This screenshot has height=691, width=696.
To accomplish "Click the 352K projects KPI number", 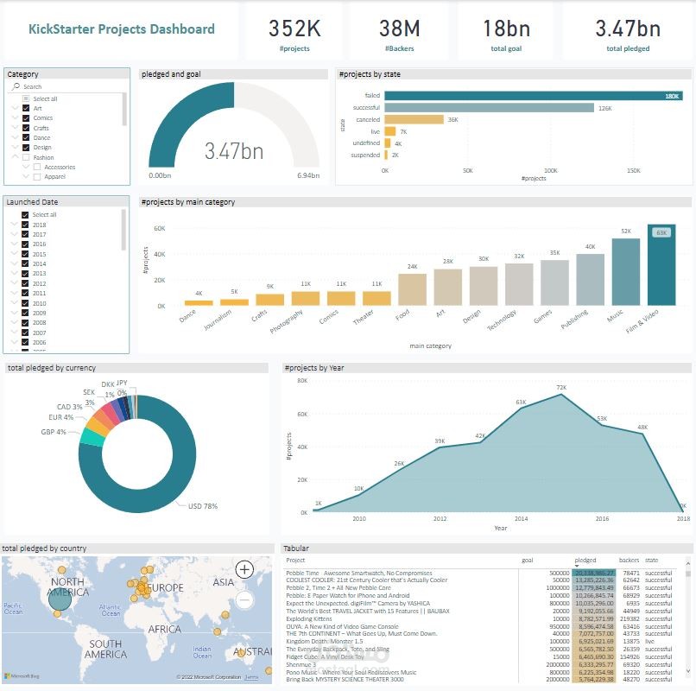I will click(294, 29).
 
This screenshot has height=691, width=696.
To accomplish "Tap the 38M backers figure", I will click(398, 29).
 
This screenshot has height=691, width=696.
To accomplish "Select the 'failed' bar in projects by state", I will click(532, 96).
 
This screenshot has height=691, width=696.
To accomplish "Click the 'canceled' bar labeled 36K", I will click(414, 119).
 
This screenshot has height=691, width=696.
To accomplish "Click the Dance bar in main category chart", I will click(198, 302).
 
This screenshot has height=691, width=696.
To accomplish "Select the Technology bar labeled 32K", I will click(519, 284).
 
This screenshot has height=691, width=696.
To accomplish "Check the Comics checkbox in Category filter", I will click(26, 117).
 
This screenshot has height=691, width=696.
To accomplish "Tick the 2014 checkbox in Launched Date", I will click(26, 264).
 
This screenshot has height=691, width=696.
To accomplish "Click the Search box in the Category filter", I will click(69, 86).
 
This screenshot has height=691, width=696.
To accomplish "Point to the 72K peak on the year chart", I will click(562, 395).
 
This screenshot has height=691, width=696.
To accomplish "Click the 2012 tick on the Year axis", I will click(440, 519).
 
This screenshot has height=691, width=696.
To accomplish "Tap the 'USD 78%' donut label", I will click(202, 506).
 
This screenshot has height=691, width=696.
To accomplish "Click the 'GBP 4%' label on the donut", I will click(54, 432).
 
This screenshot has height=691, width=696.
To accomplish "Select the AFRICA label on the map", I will click(165, 630).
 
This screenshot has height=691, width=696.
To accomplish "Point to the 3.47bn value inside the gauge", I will click(234, 152).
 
